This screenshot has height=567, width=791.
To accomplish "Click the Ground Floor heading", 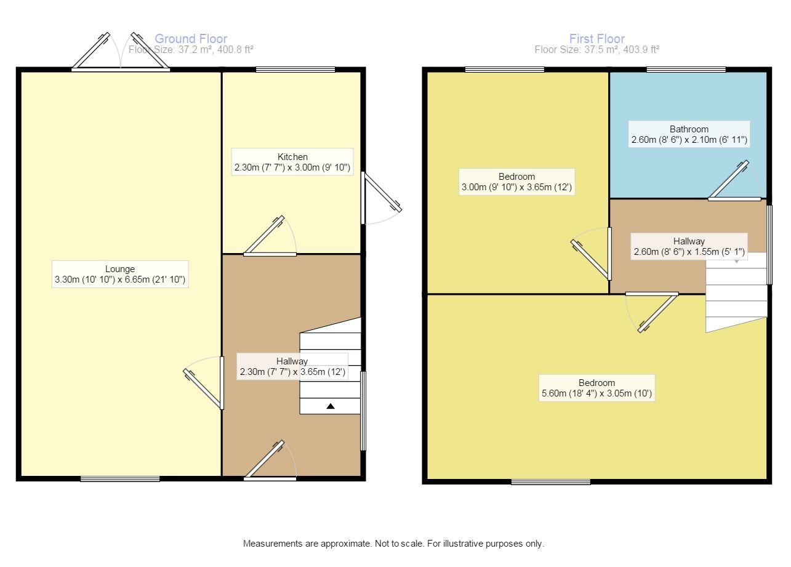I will coord(191,39).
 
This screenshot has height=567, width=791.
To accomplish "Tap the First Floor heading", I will coord(597,39).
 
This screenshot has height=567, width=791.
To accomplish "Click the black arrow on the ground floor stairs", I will coord(331,406).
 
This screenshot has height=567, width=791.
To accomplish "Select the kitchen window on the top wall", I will coord(295,69).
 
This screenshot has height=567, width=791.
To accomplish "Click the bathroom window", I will coord(686,69).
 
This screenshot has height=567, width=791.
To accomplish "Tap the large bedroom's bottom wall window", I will coord(550,482).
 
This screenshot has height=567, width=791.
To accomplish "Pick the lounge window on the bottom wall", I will coord(120,478).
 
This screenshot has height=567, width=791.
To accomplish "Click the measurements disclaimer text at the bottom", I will coord(394,544).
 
